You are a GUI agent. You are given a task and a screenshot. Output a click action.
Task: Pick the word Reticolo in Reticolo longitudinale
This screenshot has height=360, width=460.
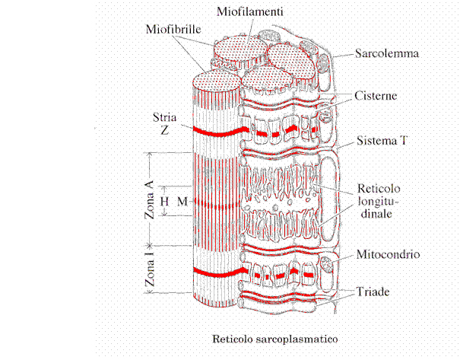tap(378, 188)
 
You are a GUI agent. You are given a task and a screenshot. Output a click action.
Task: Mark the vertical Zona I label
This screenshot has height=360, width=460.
tap(150, 272)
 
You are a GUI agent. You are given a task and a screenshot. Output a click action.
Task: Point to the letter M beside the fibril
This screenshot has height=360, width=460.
tap(181, 202)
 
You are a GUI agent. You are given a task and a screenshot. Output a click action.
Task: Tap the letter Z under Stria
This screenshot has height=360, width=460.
tap(164, 130)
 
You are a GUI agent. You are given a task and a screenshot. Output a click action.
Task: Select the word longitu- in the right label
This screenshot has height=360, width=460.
tap(378, 202)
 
